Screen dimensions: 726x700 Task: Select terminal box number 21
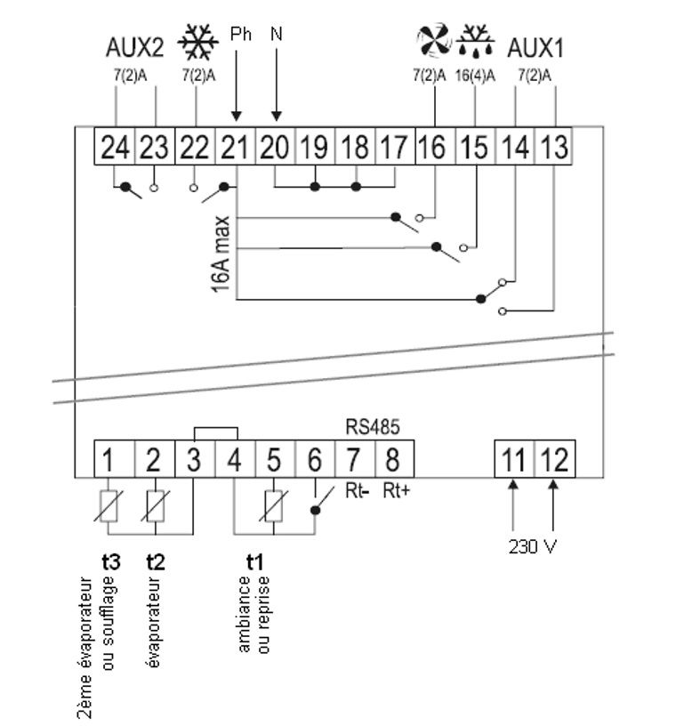click(x=236, y=147)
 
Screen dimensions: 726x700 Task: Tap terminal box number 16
click(x=433, y=147)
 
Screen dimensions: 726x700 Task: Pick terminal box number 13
click(x=553, y=147)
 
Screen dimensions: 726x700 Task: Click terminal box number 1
click(x=108, y=461)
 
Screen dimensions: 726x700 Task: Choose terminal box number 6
click(x=313, y=461)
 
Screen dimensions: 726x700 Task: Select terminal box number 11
click(x=513, y=461)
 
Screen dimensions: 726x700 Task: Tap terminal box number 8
click(x=393, y=461)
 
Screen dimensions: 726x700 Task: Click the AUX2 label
click(x=135, y=46)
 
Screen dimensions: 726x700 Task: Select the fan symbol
click(x=433, y=41)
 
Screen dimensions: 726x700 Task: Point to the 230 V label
click(x=534, y=545)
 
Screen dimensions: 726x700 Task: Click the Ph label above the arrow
click(x=240, y=34)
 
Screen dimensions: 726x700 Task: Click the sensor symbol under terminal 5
click(x=274, y=506)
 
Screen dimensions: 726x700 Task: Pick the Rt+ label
click(x=396, y=490)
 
